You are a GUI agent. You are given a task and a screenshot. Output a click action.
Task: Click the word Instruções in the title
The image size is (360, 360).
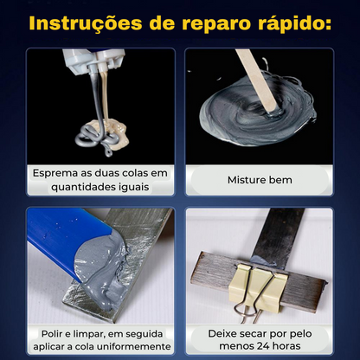(x=86, y=23)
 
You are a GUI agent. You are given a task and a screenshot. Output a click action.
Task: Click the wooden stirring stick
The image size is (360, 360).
(x=257, y=80)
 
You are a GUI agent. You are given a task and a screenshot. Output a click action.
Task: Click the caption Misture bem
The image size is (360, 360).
(x=260, y=180)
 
